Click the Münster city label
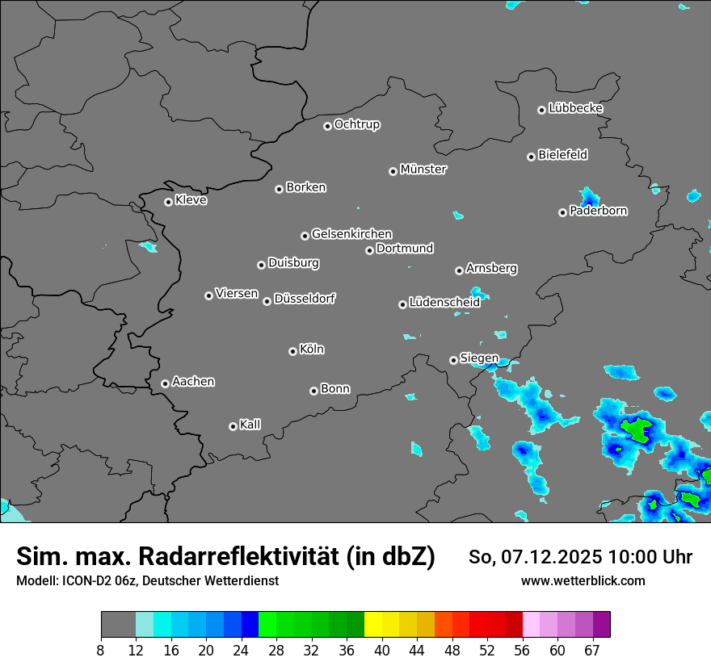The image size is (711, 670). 423,170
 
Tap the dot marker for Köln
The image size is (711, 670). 292,351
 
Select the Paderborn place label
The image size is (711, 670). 599,211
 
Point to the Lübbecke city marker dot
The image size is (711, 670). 541,110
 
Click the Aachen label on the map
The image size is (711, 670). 193,382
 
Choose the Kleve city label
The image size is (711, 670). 191,200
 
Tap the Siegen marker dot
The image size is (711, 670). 453,360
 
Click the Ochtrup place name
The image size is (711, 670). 357,124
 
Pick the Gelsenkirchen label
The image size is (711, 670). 351,234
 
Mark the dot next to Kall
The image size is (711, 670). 233,426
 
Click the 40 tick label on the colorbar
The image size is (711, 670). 382,651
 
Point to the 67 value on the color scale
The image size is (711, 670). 592,651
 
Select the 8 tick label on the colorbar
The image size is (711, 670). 100,651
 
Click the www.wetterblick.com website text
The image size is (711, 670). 583,580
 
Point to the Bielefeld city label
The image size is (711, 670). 562,154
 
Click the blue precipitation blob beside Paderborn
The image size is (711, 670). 589,196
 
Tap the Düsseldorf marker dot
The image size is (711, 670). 267,301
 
